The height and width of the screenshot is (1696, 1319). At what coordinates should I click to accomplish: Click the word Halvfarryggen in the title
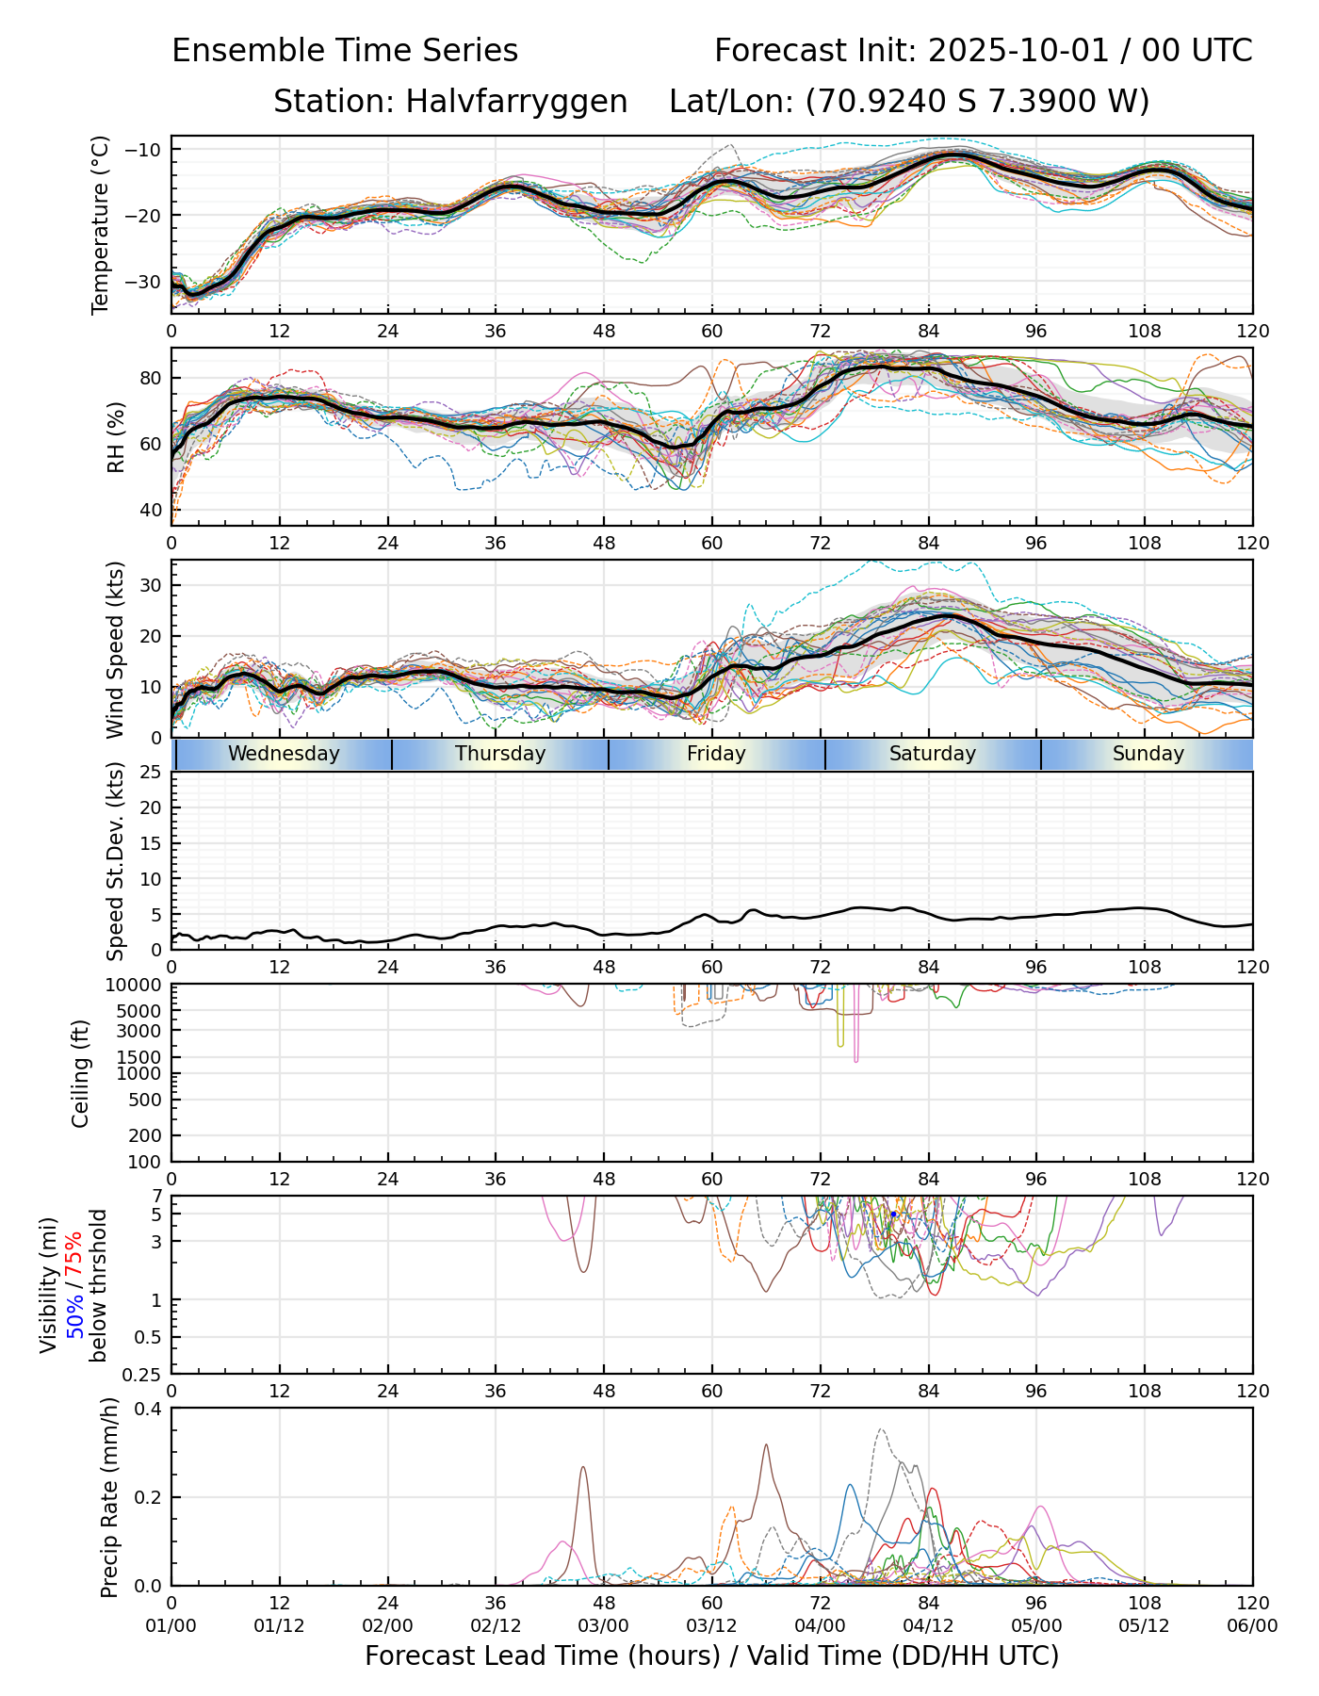(x=516, y=102)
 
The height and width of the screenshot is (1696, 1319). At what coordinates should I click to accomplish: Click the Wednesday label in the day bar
(x=284, y=754)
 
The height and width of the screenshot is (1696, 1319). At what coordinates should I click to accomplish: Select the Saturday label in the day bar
(x=933, y=754)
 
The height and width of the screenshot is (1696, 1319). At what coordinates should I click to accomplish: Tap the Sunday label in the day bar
(x=1148, y=754)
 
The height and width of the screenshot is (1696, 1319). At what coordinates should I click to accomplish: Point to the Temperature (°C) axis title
(x=101, y=224)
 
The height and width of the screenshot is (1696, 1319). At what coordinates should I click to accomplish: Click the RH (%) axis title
(x=116, y=437)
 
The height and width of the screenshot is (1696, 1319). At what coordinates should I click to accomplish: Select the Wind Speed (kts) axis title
(x=115, y=649)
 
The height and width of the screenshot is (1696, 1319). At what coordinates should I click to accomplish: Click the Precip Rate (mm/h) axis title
(x=110, y=1497)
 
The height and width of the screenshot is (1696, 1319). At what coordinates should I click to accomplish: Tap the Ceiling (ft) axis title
(x=81, y=1073)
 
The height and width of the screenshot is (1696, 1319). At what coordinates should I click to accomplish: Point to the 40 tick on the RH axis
(x=151, y=511)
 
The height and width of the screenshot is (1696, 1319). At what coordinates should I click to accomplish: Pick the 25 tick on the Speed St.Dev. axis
(x=151, y=773)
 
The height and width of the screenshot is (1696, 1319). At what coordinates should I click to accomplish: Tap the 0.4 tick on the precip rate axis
(x=149, y=1409)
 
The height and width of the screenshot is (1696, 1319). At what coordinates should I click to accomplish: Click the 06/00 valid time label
(x=1252, y=1626)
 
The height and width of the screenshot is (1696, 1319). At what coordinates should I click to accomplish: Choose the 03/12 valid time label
(x=711, y=1626)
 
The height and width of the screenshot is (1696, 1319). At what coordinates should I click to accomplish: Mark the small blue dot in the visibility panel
(x=893, y=1214)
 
